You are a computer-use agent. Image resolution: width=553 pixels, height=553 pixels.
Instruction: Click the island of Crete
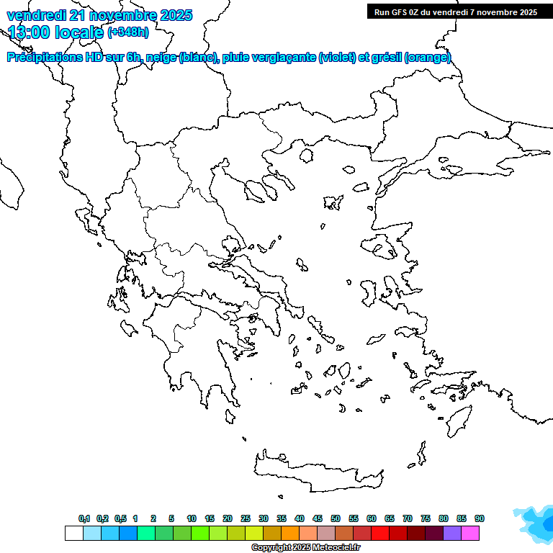point(317,472)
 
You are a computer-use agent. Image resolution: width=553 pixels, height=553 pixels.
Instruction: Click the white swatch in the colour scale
point(73,533)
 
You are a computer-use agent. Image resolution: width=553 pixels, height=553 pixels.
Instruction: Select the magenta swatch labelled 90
point(470,533)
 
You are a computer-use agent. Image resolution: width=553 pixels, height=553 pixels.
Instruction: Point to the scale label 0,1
point(84,518)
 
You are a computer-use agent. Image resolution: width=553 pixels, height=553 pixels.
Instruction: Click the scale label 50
point(336,518)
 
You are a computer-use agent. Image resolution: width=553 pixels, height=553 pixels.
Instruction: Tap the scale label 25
point(246,518)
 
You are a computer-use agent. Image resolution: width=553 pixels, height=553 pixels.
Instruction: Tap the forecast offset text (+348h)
point(128,32)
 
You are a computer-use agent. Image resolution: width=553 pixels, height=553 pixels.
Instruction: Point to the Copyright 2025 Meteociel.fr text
point(305,548)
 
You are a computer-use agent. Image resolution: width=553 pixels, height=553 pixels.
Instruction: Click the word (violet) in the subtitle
point(336,58)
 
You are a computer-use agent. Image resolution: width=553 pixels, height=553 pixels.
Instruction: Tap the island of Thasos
point(306,156)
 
